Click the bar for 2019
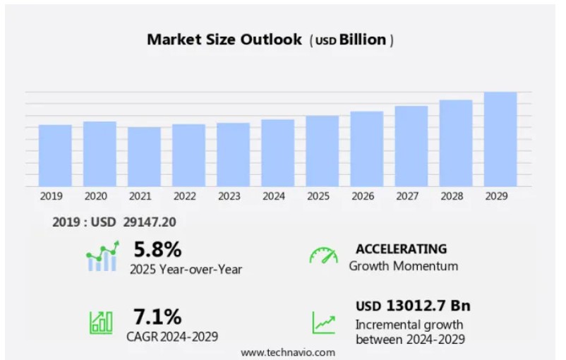(55, 155)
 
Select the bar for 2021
(144, 157)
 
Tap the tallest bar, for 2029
(500, 139)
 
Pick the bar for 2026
(366, 149)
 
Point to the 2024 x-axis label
(274, 196)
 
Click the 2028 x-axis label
(452, 196)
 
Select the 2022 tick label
(185, 196)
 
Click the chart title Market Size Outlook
(224, 40)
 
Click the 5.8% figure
(157, 249)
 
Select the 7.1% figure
(157, 316)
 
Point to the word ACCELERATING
(401, 249)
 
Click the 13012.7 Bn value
(428, 306)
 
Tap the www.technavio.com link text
(288, 352)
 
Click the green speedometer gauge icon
(323, 256)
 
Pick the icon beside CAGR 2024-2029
(101, 322)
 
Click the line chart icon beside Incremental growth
(324, 323)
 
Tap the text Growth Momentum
(403, 266)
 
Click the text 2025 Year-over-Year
(186, 269)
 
